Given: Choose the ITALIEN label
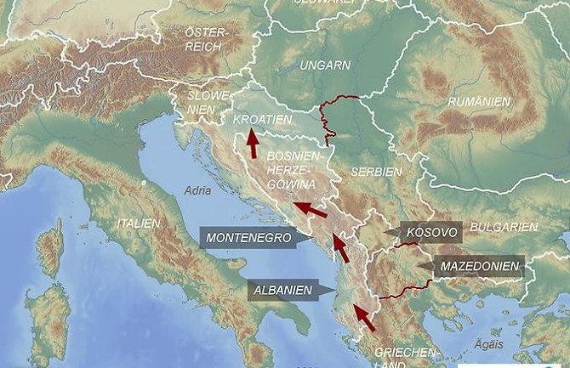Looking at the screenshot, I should [134, 224].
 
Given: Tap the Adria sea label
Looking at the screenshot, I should [197, 191].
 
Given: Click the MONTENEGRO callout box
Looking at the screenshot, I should [248, 237].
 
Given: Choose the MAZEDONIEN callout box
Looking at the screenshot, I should [478, 266].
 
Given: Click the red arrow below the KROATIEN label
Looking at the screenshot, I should [253, 144].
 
